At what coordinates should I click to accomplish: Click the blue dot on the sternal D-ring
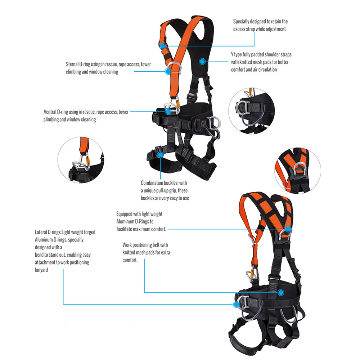(x=168, y=71)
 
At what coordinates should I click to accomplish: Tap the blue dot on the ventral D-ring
(x=168, y=112)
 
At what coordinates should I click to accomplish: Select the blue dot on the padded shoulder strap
(x=202, y=61)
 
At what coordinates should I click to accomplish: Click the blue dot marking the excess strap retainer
(x=163, y=46)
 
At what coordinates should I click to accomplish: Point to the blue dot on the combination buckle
(x=161, y=155)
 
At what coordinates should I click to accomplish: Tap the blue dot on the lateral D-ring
(x=236, y=305)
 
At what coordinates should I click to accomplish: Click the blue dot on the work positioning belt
(x=280, y=292)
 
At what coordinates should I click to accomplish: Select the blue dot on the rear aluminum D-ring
(x=288, y=229)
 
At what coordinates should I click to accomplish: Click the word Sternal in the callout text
(x=72, y=64)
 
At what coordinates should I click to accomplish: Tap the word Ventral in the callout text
(x=50, y=112)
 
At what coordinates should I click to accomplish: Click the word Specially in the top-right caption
(x=241, y=22)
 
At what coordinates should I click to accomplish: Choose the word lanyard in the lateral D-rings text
(x=41, y=270)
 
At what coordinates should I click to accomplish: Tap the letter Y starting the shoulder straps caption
(x=232, y=54)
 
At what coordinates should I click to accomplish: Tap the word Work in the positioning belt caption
(x=127, y=245)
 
